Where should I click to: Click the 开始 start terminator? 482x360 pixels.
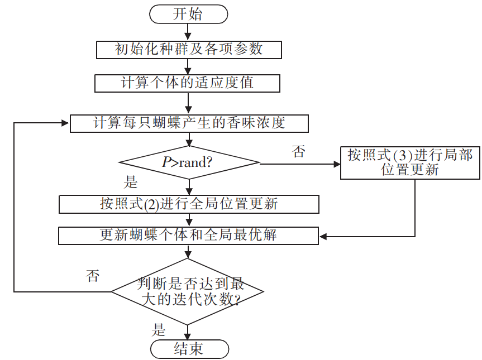189,15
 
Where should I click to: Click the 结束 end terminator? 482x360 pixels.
189,349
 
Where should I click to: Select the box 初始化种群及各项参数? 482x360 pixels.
189,50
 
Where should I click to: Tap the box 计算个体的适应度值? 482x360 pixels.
187,83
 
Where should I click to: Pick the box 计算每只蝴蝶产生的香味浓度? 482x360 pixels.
189,123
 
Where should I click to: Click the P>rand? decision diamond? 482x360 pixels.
189,163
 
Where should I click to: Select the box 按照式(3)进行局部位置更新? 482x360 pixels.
410,162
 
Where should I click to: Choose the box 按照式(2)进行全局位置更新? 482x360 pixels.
189,204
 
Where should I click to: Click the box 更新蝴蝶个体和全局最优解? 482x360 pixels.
189,235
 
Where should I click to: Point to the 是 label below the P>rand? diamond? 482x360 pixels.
130,182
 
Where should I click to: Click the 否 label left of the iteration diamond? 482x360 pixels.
93,276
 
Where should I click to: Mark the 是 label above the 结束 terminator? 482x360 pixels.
159,329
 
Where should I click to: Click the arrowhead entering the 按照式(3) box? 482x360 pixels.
337,164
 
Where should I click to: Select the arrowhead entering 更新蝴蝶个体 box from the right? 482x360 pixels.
323,236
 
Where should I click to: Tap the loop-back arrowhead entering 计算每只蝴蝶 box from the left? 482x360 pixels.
65,123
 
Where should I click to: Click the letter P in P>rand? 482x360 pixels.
166,162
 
